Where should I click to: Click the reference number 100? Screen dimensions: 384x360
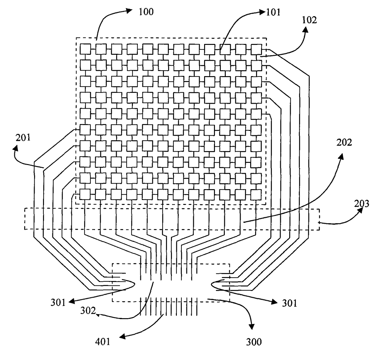(x=146, y=12)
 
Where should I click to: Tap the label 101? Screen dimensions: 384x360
(x=273, y=13)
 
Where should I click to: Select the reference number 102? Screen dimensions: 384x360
(x=309, y=20)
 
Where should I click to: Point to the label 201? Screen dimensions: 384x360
(x=23, y=138)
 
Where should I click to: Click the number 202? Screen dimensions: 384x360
(x=344, y=142)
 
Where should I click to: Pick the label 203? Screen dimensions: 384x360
(x=362, y=204)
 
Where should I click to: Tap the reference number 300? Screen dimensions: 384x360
(x=254, y=342)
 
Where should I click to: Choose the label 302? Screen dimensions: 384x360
(x=88, y=310)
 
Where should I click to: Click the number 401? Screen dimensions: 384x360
(x=103, y=342)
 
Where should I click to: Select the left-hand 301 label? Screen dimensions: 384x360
(x=58, y=302)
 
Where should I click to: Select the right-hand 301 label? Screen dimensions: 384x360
(x=290, y=303)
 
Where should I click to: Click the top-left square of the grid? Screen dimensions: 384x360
(x=85, y=49)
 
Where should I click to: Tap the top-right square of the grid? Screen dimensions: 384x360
(x=256, y=49)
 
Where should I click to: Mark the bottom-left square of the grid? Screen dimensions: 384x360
(x=85, y=194)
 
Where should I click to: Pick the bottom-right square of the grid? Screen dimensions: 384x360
(x=256, y=194)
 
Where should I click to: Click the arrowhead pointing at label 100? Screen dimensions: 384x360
(x=129, y=11)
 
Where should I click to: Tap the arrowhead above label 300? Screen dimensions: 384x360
(x=251, y=327)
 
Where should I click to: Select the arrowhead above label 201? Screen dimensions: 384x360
(x=15, y=148)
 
